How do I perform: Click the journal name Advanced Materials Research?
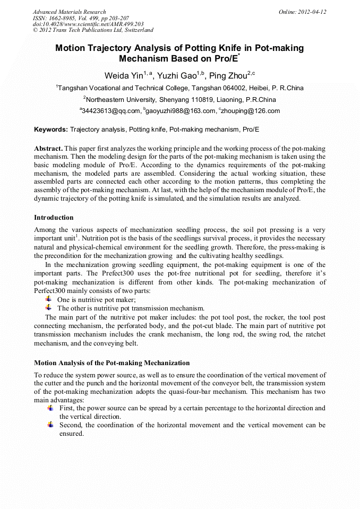69,12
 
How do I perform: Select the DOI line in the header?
88,24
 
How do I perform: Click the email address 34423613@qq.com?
111,111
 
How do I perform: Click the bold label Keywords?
51,129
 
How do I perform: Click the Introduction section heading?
54,218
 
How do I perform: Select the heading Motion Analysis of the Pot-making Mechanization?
112,363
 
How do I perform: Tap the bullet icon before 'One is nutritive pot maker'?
49,299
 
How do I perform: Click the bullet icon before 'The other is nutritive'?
49,308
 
